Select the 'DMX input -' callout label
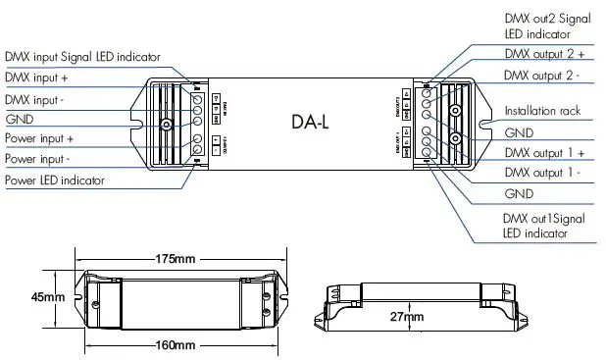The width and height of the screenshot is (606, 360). (34, 99)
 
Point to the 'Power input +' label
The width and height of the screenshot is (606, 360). (39, 139)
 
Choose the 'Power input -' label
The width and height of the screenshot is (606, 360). (38, 159)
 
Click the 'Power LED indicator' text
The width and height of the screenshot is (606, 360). (54, 180)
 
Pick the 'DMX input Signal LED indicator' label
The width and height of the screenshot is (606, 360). (82, 57)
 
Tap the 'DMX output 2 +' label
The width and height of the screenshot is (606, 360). (544, 55)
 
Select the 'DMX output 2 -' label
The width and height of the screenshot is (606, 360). (543, 76)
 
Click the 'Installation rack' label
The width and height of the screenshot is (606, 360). (542, 111)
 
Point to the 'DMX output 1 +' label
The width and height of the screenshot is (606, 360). (544, 153)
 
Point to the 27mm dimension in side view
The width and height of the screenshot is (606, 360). (406, 317)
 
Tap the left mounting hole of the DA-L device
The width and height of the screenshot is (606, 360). (167, 125)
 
